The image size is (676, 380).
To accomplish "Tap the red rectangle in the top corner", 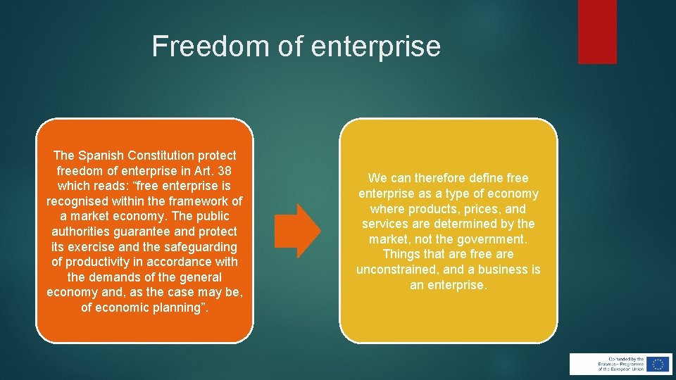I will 597,31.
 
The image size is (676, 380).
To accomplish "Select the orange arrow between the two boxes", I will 298,230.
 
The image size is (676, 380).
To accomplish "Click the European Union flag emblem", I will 658,364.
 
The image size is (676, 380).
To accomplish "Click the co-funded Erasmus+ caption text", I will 620,364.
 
